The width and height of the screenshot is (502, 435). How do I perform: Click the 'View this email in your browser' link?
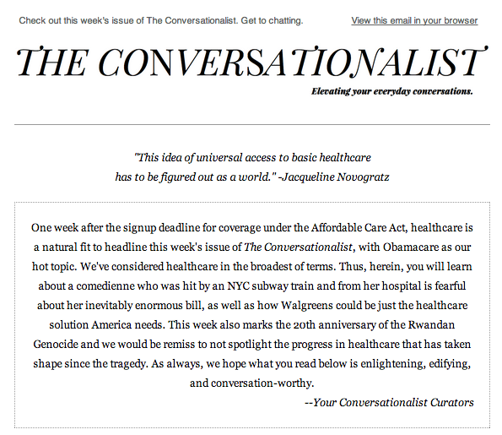click(x=414, y=20)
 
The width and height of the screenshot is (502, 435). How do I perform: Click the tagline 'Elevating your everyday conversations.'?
click(x=391, y=91)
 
